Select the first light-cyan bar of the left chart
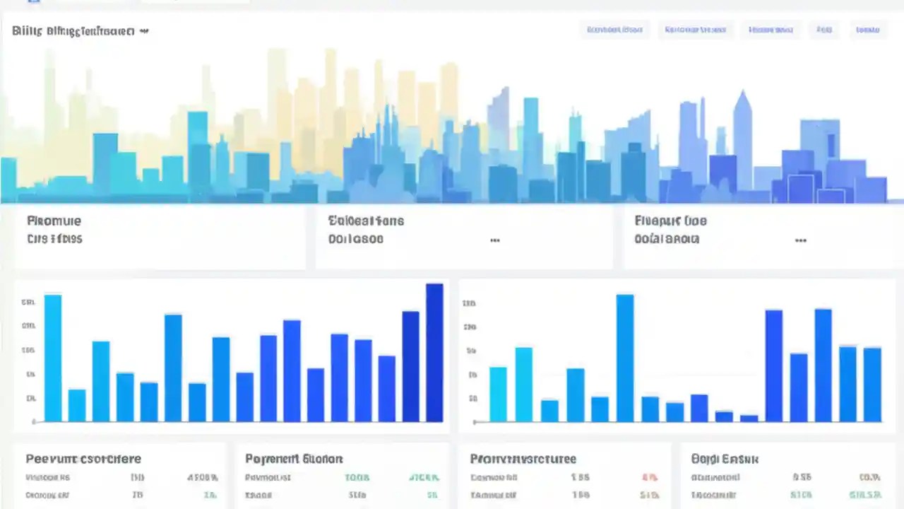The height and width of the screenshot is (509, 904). point(53,357)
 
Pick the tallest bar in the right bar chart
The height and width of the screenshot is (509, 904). point(625,358)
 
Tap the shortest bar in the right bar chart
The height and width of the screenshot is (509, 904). point(749,418)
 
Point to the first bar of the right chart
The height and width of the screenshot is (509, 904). point(498,394)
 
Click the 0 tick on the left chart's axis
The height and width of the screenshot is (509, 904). point(33,422)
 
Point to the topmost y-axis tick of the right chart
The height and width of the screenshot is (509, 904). point(469,303)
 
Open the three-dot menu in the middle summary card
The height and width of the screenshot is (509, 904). point(495,240)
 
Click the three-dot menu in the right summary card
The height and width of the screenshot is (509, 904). point(800,240)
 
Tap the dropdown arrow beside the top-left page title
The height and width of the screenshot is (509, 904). point(145,31)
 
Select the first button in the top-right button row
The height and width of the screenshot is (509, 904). point(614,30)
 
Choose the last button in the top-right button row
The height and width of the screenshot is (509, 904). point(867,30)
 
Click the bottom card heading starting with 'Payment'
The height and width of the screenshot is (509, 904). point(294,459)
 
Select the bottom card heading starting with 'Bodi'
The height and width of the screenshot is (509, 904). point(725,459)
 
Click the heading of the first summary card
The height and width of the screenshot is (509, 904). point(54,221)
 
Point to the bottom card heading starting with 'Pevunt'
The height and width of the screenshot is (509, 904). point(83,459)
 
